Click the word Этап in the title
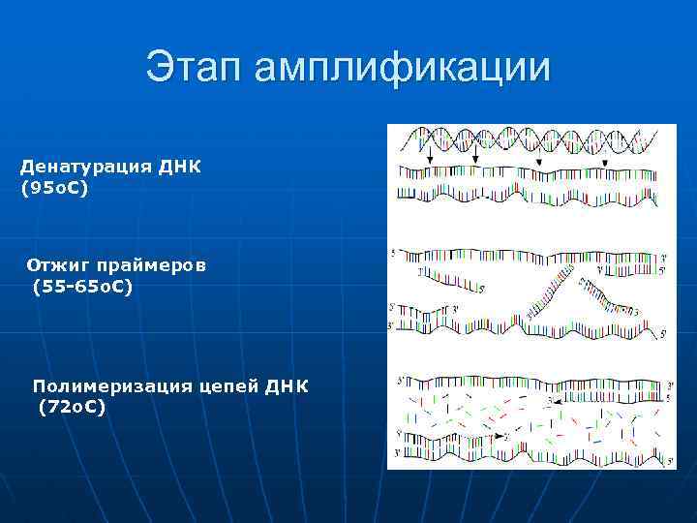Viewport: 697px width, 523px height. pyautogui.click(x=197, y=68)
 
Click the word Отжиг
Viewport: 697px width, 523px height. pyautogui.click(x=57, y=264)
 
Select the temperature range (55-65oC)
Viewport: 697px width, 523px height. pyautogui.click(x=82, y=287)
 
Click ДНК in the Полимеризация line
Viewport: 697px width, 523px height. pyautogui.click(x=288, y=386)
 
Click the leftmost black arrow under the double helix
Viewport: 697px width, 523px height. pyautogui.click(x=428, y=157)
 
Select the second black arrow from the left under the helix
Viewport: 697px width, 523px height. pyautogui.click(x=477, y=157)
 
